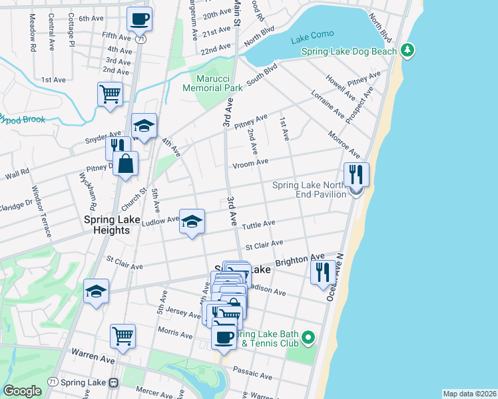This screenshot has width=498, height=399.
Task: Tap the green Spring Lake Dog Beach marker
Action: click(x=407, y=51)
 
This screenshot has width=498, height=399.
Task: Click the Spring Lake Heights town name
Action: click(x=107, y=224)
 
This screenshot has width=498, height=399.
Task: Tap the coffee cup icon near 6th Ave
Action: click(x=140, y=19)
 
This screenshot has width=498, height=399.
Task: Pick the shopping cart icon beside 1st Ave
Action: click(x=110, y=93)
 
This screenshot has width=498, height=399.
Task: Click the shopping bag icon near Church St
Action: click(x=125, y=163)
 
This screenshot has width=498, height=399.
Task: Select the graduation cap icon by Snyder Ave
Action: click(x=144, y=126)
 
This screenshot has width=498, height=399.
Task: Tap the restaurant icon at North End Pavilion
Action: click(x=356, y=175)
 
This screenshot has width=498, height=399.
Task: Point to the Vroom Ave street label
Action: click(x=250, y=162)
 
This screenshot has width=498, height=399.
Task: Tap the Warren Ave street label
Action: click(x=85, y=357)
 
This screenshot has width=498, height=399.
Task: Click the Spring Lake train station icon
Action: click(x=114, y=383)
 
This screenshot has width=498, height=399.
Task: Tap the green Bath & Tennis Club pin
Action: click(x=308, y=338)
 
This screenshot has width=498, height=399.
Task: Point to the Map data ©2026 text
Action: click(x=469, y=394)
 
